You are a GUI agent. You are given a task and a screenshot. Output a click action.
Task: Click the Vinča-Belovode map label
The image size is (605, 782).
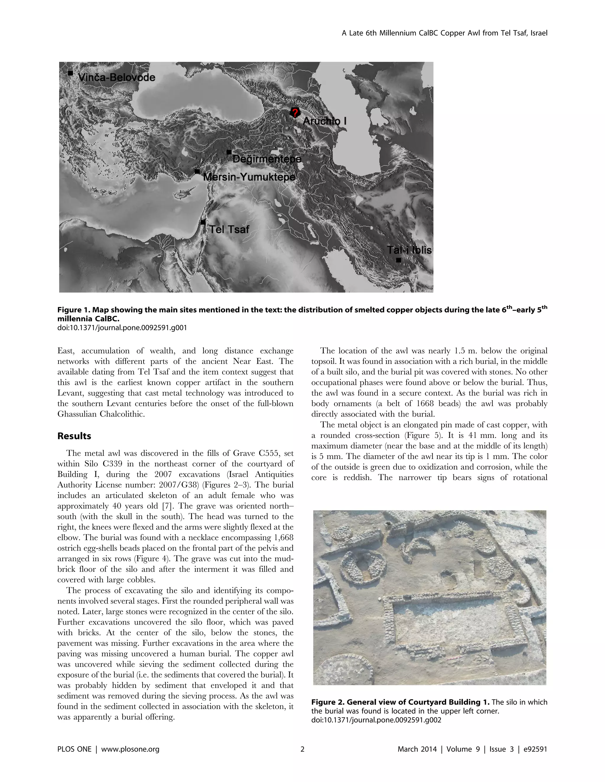pyautogui.click(x=116, y=77)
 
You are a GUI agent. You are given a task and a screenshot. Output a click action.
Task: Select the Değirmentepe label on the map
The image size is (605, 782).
pyautogui.click(x=266, y=159)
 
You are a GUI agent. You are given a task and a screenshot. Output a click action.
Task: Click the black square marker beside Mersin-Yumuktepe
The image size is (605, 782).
pyautogui.click(x=197, y=171)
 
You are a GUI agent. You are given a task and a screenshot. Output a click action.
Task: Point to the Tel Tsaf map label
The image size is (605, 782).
pyautogui.click(x=229, y=229)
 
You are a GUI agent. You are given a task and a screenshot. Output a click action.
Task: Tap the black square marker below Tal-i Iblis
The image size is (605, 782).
pyautogui.click(x=398, y=260)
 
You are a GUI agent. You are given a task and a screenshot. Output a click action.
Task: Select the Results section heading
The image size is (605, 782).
pyautogui.click(x=74, y=436)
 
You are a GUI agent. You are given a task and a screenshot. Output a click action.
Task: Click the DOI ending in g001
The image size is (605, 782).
pyautogui.click(x=122, y=328)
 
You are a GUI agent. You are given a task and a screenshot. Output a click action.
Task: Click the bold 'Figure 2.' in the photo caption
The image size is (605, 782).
pyautogui.click(x=327, y=702)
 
